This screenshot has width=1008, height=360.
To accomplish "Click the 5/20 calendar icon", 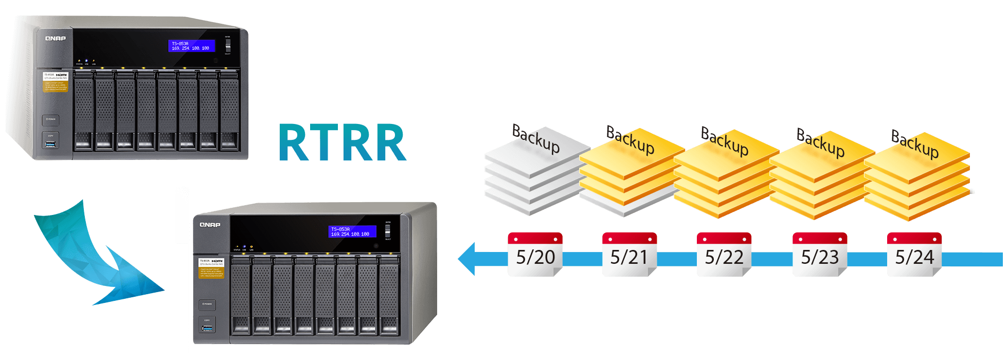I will [535, 255].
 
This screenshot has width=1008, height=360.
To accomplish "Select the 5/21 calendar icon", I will [629, 255].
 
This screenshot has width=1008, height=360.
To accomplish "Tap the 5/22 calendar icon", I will [724, 255].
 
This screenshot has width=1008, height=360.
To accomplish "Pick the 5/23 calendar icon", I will [820, 255].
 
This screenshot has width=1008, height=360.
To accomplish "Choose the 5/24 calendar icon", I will [914, 255].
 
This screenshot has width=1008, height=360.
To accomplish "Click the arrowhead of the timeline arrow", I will [468, 259].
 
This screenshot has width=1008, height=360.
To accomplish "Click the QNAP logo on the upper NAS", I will [55, 39].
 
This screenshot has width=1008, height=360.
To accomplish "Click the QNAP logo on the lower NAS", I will [210, 225].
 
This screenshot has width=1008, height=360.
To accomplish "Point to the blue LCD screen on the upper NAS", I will [191, 46].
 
